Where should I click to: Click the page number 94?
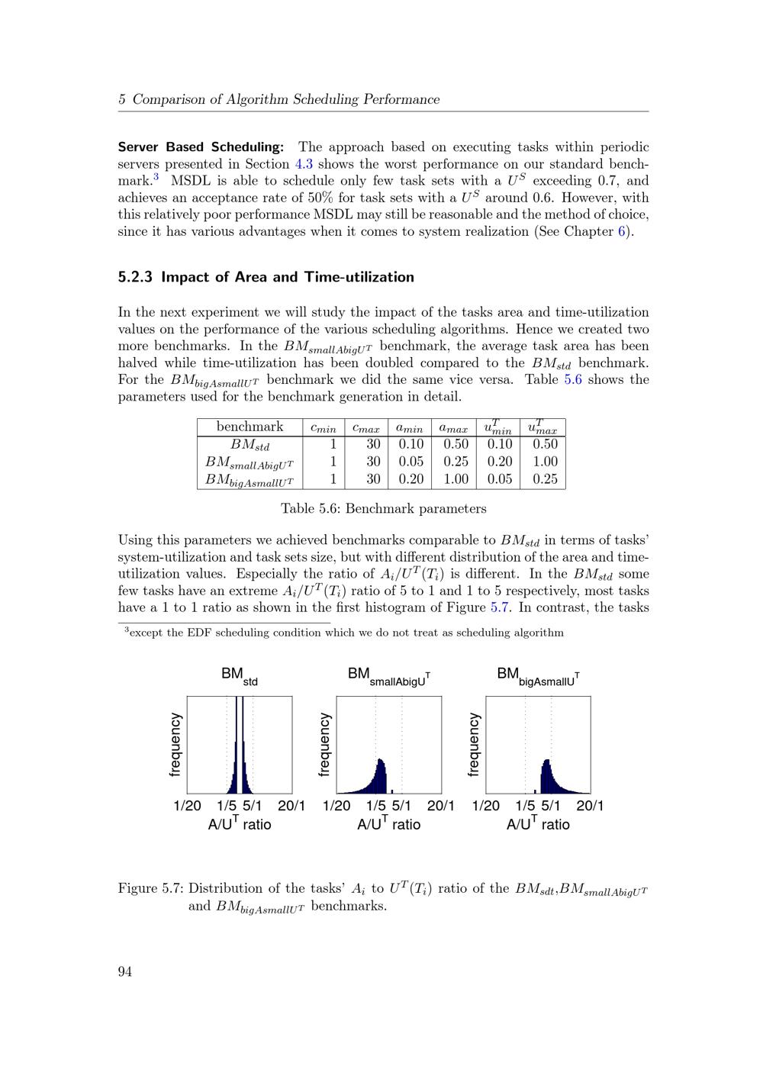(124, 971)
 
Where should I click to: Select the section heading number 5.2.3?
(136, 277)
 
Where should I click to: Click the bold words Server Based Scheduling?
(201, 147)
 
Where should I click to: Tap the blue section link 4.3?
(304, 164)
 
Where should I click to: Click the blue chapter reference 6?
(622, 231)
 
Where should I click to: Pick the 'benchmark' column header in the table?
(250, 427)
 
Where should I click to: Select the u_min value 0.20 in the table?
(500, 462)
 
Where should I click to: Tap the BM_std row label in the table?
(250, 445)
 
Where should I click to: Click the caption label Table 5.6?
(312, 509)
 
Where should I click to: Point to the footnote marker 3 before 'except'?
(127, 630)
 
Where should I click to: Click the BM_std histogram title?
(239, 676)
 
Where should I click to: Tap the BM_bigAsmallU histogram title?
(538, 676)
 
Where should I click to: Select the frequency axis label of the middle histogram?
(325, 744)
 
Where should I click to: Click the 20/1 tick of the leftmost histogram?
(291, 806)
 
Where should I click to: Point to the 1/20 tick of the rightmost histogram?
(486, 806)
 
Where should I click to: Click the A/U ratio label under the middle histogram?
(389, 824)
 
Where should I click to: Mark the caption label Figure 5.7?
(150, 888)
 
